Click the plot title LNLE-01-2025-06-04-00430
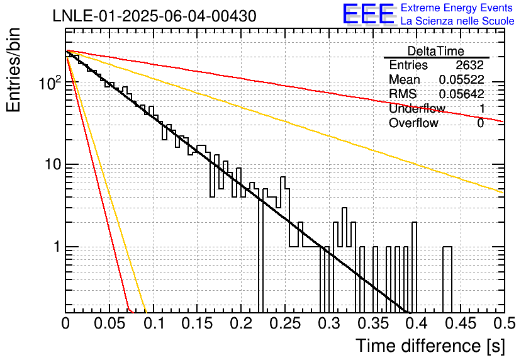coord(155,16)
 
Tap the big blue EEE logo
coord(369,14)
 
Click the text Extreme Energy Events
coord(457,8)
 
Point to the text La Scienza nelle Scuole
coord(457,21)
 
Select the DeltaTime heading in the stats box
coord(436,51)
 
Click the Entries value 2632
coord(469,65)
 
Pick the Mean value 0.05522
coord(462,79)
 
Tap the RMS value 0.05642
coord(462,94)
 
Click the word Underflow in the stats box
coord(417,108)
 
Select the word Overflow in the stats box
coord(413,123)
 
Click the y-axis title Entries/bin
coord(14,70)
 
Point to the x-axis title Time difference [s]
coord(430,346)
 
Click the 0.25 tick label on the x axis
coord(286,323)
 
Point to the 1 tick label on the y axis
coord(57,247)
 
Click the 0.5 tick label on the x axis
coord(504,323)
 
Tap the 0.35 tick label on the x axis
coord(373,323)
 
